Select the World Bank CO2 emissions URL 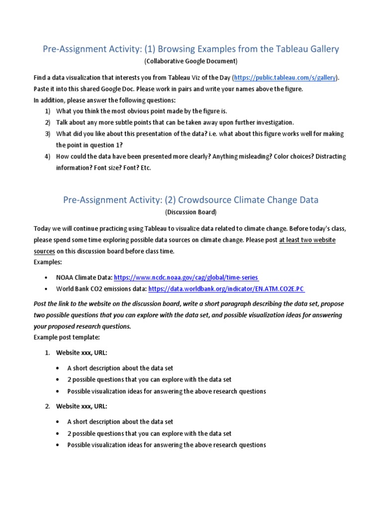(x=226, y=289)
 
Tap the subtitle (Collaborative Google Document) (x=191, y=61)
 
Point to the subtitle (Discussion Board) (x=191, y=212)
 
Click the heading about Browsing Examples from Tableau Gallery (x=191, y=49)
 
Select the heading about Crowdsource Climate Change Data (x=191, y=200)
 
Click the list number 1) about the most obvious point (x=48, y=111)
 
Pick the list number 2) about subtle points (x=48, y=123)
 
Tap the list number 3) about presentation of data (x=48, y=134)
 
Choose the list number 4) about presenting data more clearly (x=48, y=156)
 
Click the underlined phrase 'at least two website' (x=307, y=240)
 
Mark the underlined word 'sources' (x=44, y=252)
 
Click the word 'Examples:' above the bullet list (x=49, y=262)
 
